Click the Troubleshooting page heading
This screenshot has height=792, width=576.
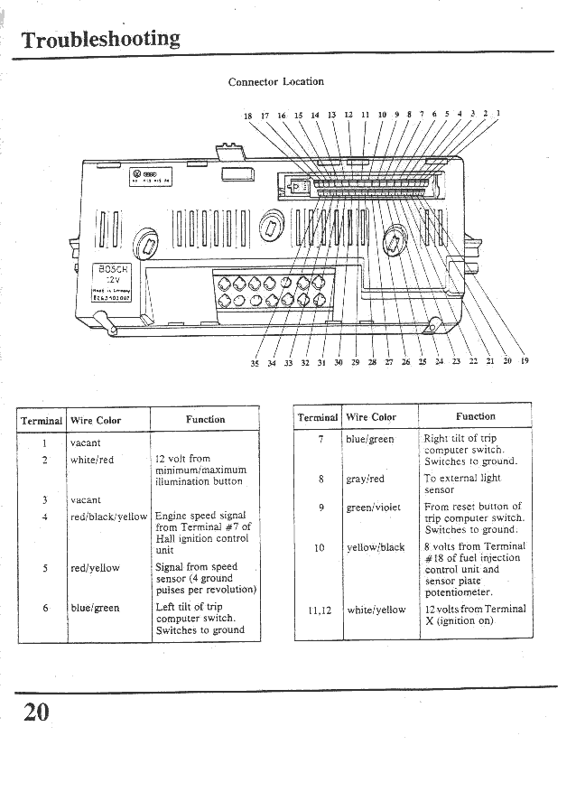[x=100, y=40]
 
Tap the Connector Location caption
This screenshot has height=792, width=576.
[x=275, y=81]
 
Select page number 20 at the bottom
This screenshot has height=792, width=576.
[x=35, y=712]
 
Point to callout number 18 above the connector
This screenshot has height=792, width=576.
[x=248, y=116]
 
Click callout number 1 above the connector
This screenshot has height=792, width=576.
[x=497, y=114]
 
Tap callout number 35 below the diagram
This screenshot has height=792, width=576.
[x=255, y=363]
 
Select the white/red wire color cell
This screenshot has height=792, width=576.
[x=92, y=460]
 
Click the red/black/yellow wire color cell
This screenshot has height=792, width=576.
[x=108, y=517]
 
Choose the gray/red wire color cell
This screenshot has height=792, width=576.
[x=365, y=480]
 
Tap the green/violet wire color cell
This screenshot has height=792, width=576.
[x=373, y=508]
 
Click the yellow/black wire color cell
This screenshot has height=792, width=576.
[x=376, y=547]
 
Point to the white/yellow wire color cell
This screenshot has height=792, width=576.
[x=376, y=610]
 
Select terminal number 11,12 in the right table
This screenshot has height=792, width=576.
[x=320, y=610]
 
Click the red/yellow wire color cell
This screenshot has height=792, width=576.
[x=95, y=568]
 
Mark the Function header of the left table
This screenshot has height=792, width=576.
[x=205, y=419]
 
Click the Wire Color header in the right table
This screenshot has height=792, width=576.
[x=371, y=416]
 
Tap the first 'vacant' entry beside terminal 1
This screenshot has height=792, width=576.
[x=86, y=443]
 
